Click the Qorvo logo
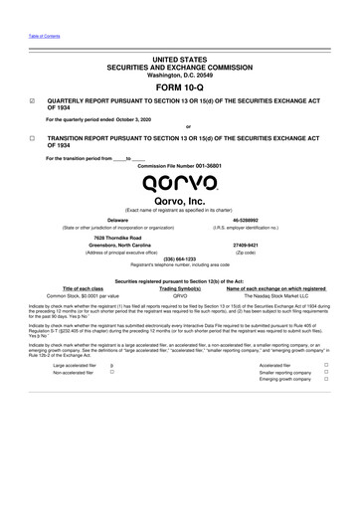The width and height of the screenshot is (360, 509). (181, 181)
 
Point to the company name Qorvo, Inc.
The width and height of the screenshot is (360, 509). (180, 202)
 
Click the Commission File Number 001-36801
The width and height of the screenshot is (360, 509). (200, 165)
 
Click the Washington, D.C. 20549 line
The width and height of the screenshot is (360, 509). (180, 75)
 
